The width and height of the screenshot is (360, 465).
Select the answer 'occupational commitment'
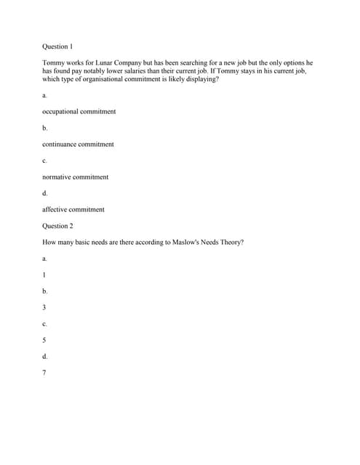[79, 112]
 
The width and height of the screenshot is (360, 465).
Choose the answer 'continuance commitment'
[78, 144]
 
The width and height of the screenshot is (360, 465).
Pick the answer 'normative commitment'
[75, 177]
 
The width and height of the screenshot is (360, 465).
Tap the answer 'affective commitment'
[73, 209]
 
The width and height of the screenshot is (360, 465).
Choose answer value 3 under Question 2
[44, 307]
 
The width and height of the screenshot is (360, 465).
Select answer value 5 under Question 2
[44, 340]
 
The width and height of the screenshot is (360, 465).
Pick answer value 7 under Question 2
[44, 373]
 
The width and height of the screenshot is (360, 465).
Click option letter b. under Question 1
[44, 128]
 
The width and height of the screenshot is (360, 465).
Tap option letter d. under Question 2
[45, 356]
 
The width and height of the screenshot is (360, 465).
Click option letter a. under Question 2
[44, 258]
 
